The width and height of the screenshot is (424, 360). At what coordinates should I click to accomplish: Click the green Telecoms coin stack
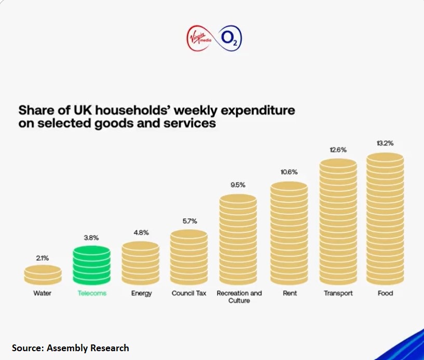(91, 265)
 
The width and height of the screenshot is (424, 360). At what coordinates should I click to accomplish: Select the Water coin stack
(43, 274)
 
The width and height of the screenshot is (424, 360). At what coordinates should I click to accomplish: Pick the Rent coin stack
(289, 233)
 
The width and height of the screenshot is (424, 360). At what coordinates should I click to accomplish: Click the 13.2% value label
(385, 143)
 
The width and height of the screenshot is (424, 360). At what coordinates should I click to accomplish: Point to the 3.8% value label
(91, 238)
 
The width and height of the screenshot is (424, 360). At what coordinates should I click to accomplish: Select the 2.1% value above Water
(43, 257)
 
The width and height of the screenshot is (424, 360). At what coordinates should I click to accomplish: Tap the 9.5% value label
(238, 185)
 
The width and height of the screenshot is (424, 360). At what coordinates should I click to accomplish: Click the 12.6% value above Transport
(338, 150)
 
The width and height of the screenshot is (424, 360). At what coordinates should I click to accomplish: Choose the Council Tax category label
(189, 293)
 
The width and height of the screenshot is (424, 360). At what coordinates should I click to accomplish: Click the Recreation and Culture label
(239, 297)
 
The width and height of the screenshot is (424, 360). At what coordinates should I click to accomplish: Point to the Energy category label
(141, 293)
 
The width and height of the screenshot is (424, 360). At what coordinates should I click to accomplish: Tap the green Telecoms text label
(92, 293)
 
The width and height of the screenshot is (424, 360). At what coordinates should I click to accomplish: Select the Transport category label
(338, 293)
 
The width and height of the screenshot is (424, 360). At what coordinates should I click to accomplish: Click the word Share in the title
(37, 110)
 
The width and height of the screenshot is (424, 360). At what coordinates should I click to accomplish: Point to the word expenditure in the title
(256, 110)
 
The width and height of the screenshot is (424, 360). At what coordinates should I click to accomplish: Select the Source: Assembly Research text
(71, 348)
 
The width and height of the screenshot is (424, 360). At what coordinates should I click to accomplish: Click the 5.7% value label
(189, 221)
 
